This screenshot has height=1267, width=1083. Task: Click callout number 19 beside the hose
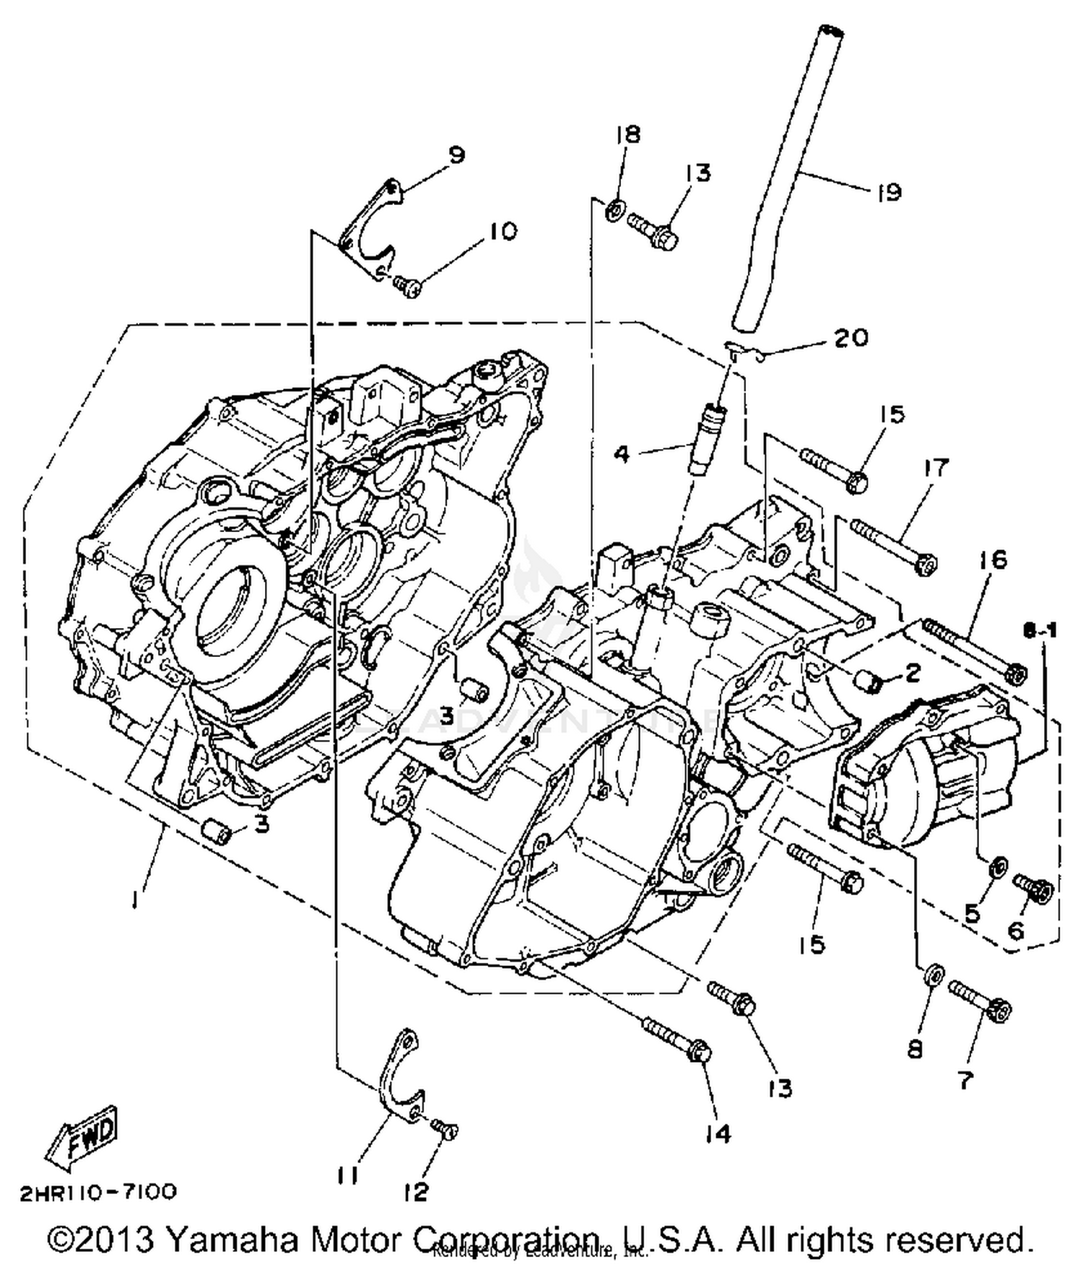coord(889,192)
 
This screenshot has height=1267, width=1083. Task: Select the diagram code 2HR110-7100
coord(97,1193)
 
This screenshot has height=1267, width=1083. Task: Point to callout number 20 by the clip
coord(851,337)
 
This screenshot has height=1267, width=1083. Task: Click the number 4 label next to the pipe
coord(622,454)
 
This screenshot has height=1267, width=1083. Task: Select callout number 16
coord(993,560)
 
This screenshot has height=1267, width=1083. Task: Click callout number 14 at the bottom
coord(716,1133)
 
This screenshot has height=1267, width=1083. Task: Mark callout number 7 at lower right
coord(965,1080)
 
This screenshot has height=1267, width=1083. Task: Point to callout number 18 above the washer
coord(627,135)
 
